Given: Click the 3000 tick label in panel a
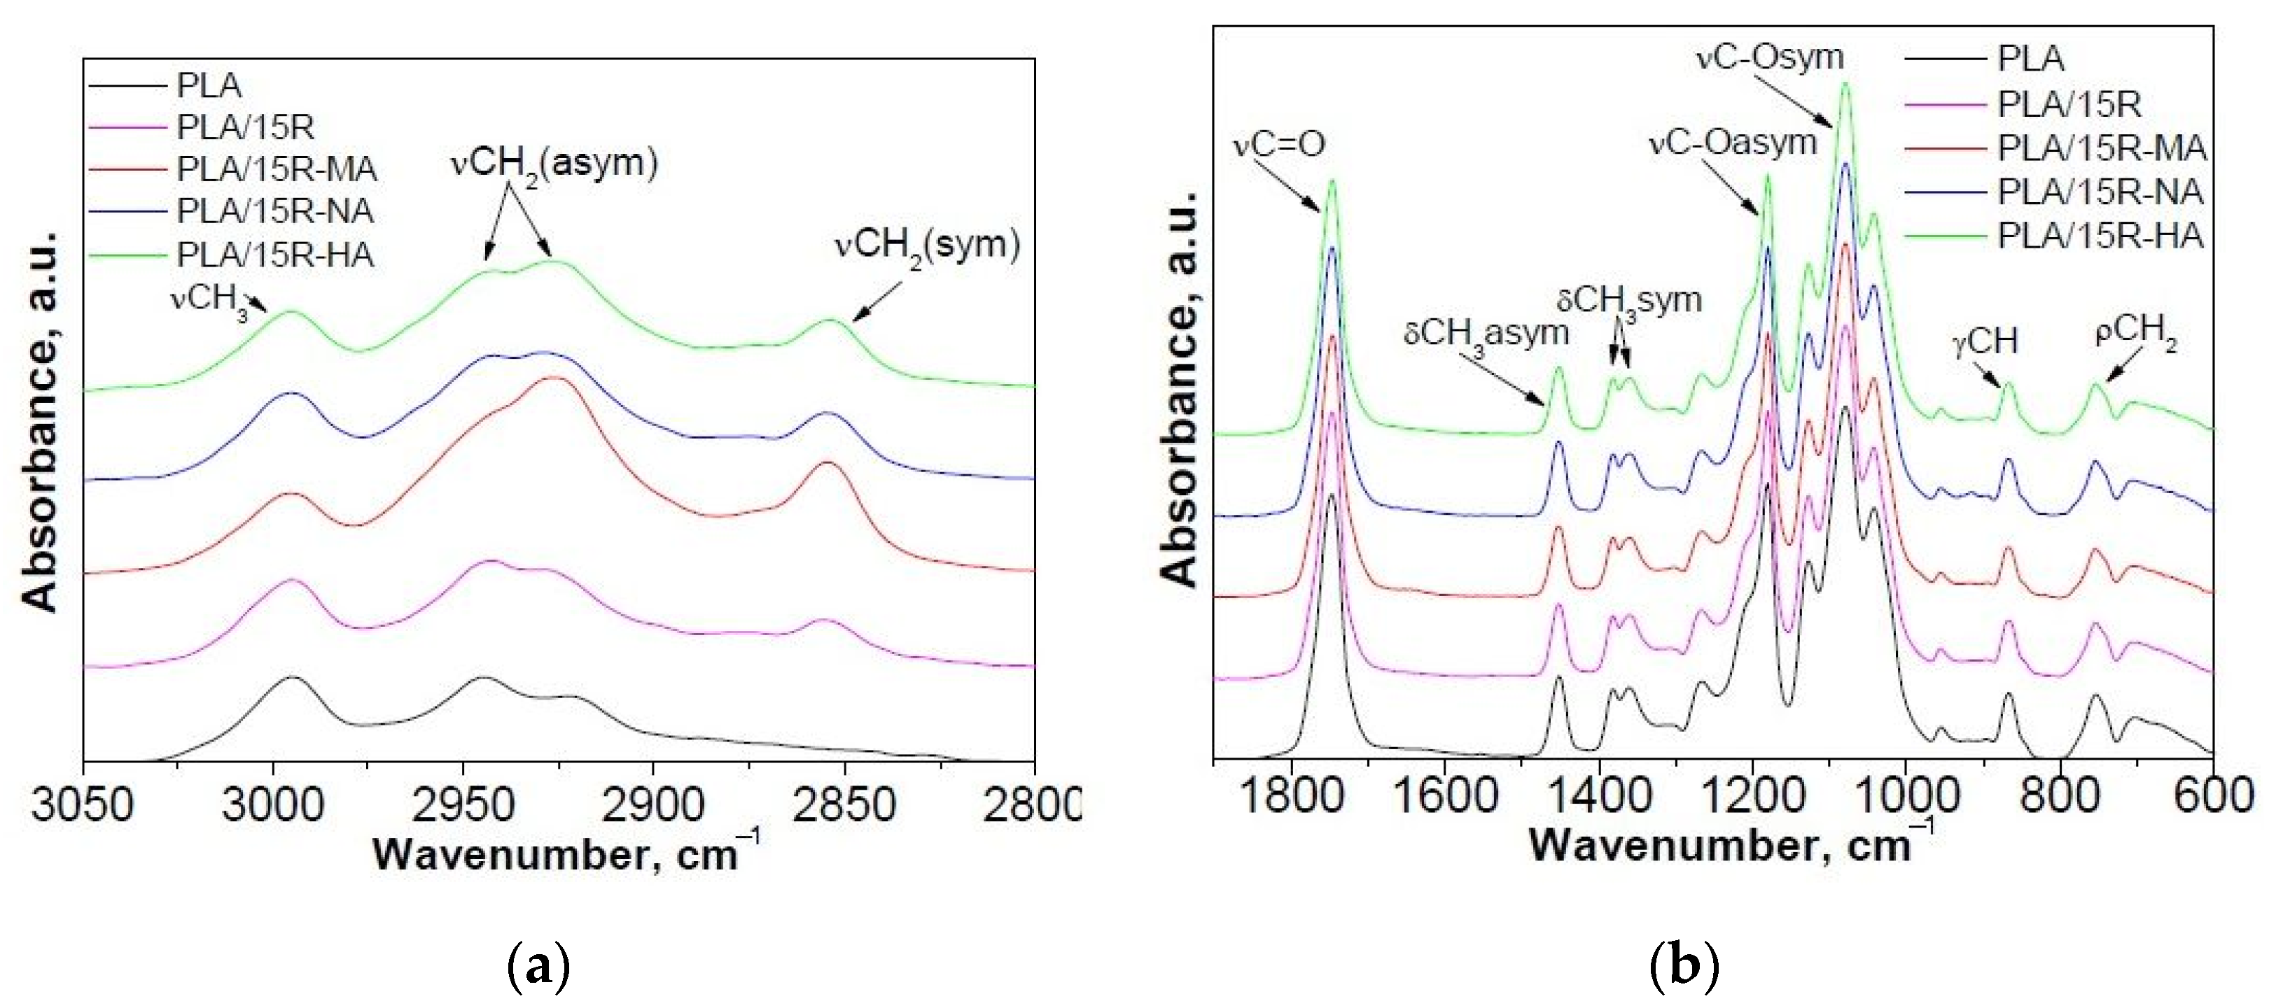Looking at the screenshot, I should [272, 804].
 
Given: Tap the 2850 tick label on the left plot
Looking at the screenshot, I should [844, 804].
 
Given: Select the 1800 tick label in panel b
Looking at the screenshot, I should [1291, 796].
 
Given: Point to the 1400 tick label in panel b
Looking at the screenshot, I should [1599, 796].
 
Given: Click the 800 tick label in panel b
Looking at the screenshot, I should [2060, 796].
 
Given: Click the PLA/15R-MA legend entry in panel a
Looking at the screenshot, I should [276, 169].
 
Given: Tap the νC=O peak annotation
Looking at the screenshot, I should [1279, 143].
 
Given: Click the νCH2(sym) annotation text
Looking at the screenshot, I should [927, 245].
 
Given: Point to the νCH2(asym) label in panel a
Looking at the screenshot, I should [554, 164].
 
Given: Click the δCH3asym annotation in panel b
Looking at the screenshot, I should [1486, 334].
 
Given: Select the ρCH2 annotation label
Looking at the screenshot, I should [2135, 333].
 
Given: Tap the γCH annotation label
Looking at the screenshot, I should [1985, 341].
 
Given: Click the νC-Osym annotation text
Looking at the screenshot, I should [1770, 57].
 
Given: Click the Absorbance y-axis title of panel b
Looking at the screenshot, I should [1181, 388].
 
